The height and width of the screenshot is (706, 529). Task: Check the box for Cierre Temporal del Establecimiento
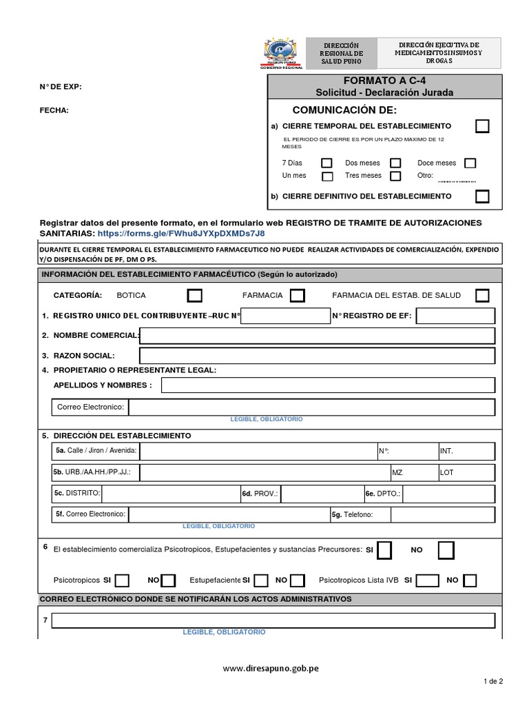pyautogui.click(x=483, y=126)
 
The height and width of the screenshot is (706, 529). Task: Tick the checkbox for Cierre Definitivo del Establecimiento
pyautogui.click(x=483, y=196)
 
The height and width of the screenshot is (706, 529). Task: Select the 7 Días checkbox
pyautogui.click(x=326, y=163)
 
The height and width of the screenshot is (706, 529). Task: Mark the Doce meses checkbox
pyautogui.click(x=470, y=163)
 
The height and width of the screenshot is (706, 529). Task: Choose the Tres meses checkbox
pyautogui.click(x=395, y=176)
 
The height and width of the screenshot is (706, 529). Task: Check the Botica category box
pyautogui.click(x=195, y=295)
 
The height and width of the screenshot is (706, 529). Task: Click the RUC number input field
pyautogui.click(x=285, y=316)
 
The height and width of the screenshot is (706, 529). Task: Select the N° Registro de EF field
pyautogui.click(x=455, y=316)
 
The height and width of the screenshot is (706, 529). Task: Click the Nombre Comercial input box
pyautogui.click(x=317, y=336)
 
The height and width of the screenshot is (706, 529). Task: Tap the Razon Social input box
pyautogui.click(x=317, y=356)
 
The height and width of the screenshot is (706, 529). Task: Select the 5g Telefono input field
pyautogui.click(x=442, y=514)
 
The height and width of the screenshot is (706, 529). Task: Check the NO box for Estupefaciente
pyautogui.click(x=298, y=580)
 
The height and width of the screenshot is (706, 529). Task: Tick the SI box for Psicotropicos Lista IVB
pyautogui.click(x=426, y=580)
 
